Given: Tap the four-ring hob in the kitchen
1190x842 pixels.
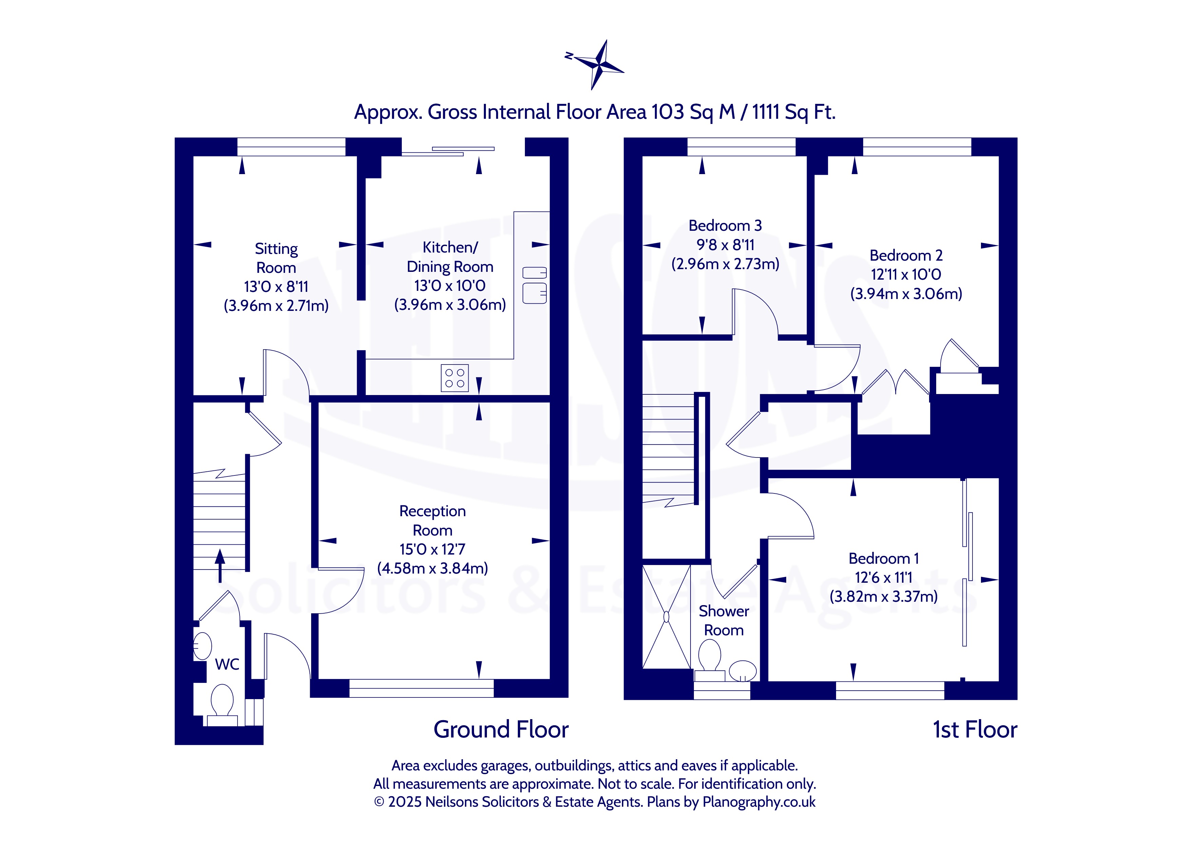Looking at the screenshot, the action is (455, 378).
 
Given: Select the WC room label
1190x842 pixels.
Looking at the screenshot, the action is (227, 664).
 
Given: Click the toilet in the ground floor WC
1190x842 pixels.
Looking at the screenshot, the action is (222, 704).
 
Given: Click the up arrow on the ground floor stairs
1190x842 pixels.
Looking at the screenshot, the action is (220, 565).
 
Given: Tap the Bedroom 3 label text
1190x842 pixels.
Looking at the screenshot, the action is (725, 226).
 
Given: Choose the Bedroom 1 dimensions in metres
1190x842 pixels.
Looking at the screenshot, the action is (884, 597).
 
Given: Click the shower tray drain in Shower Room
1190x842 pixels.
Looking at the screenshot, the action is (666, 617).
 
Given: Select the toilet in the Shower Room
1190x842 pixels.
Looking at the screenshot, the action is (710, 660).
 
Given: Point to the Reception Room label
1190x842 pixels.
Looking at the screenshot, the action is (432, 521).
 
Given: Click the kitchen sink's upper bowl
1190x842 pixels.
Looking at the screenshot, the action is (534, 273).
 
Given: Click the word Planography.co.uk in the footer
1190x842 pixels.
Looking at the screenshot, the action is (759, 802).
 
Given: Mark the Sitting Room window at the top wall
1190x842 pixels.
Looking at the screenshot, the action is (291, 147).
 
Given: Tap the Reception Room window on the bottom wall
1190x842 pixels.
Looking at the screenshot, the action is (421, 688).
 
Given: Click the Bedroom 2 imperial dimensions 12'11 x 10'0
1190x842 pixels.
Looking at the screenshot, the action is (906, 274).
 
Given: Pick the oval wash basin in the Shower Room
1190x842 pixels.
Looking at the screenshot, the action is (743, 670).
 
